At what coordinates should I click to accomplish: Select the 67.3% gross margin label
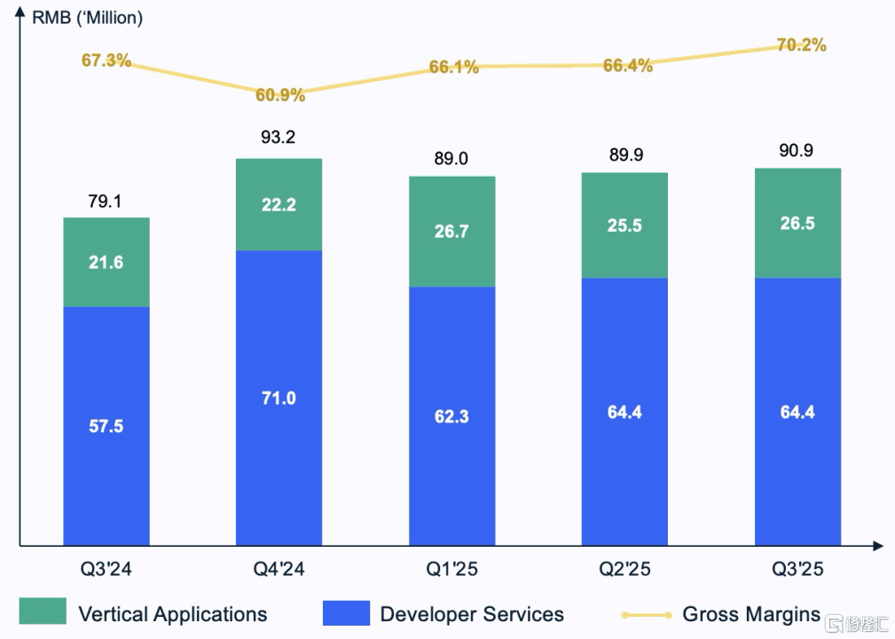tap(106, 60)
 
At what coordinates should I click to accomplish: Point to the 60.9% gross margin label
tap(279, 94)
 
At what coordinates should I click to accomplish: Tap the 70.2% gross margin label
tap(801, 44)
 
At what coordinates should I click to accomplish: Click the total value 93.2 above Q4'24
tap(279, 138)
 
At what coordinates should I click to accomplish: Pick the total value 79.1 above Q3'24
tap(106, 201)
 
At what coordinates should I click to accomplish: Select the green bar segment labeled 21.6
tap(106, 262)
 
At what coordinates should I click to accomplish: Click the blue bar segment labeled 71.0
tap(279, 398)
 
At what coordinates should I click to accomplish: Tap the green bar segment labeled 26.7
tap(451, 231)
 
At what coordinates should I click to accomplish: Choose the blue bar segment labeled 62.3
tap(451, 415)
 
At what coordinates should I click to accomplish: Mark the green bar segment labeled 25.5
tap(624, 225)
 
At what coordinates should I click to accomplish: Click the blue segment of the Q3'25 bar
tap(797, 412)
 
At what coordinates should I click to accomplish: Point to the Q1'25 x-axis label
tap(451, 569)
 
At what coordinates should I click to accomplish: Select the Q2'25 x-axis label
tap(624, 569)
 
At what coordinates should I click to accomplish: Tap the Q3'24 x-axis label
tap(106, 569)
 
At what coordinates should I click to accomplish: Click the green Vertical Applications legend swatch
tap(42, 611)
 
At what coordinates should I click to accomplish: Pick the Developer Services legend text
tap(471, 613)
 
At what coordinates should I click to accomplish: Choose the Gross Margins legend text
tap(750, 613)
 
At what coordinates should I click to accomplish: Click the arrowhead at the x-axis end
tap(877, 546)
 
